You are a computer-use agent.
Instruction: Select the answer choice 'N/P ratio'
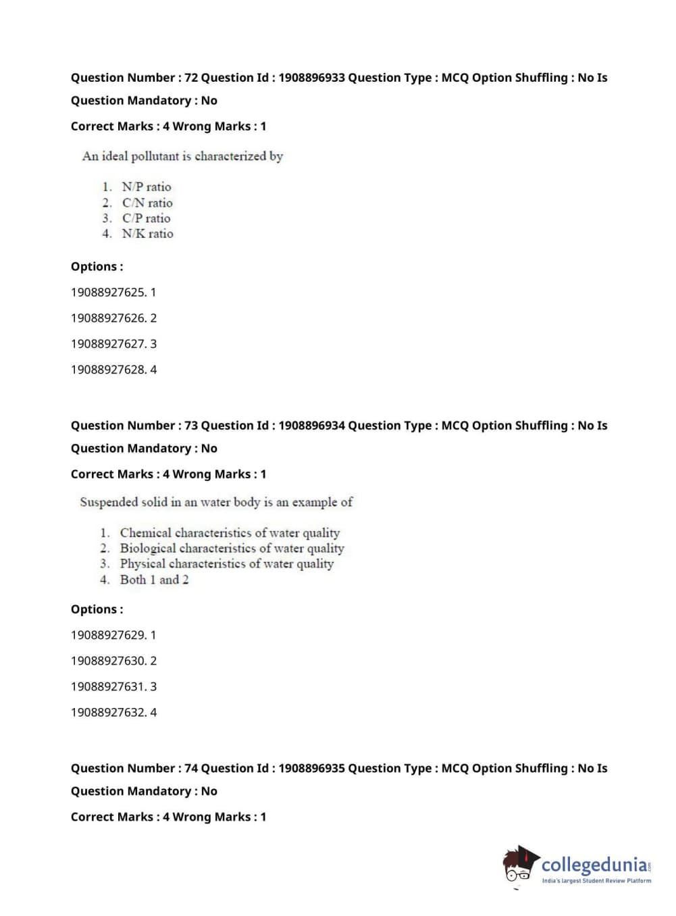coord(146,187)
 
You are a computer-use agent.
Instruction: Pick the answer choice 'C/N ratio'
coord(147,203)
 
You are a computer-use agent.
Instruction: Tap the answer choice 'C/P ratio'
coord(146,218)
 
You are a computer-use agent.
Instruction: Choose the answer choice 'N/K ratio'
coord(147,234)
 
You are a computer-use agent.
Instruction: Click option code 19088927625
coord(108,292)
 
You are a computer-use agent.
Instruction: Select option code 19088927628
coord(108,370)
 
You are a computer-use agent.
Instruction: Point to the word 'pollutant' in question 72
coord(154,156)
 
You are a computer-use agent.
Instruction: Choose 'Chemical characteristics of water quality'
coord(230,533)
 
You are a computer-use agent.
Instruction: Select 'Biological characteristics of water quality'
coord(232,549)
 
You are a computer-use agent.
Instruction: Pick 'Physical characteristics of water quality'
coord(226,564)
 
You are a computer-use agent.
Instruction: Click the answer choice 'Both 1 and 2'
coord(154,580)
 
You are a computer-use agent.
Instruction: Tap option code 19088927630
coord(108,661)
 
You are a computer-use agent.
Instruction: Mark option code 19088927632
coord(108,712)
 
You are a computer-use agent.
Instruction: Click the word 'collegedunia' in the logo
coord(594,865)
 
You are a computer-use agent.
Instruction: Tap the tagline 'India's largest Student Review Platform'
coord(596,881)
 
